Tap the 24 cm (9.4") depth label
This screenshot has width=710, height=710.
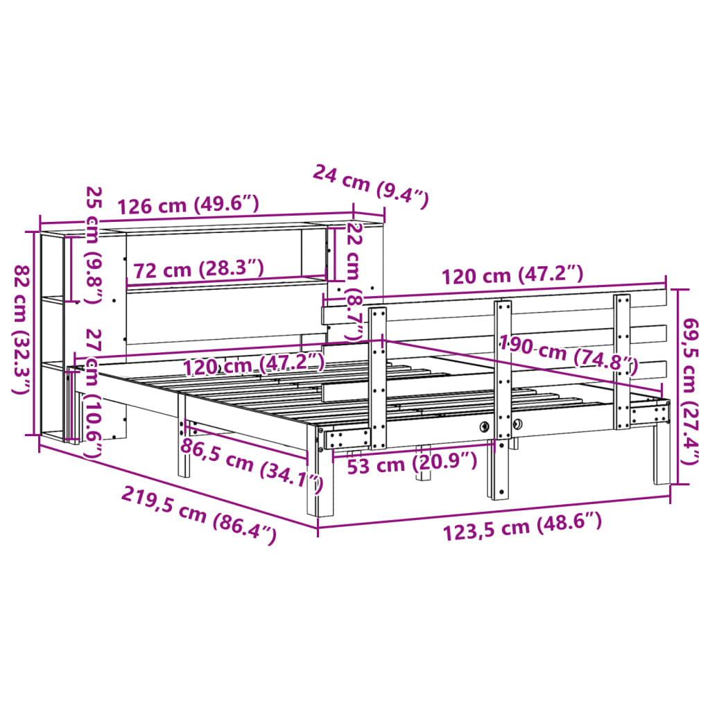click(x=371, y=187)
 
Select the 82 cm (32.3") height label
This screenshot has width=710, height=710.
click(x=23, y=330)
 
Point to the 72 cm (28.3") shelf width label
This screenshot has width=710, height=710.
click(x=198, y=269)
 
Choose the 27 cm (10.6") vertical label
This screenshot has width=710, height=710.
click(x=92, y=392)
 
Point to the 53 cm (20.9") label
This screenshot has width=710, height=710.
click(x=412, y=462)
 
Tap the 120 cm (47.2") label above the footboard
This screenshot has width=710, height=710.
click(x=513, y=275)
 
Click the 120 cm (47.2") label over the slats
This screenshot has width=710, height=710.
click(x=254, y=363)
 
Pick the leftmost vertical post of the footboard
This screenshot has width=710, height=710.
click(x=378, y=378)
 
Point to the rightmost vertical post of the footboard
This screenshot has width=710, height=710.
click(x=622, y=361)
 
